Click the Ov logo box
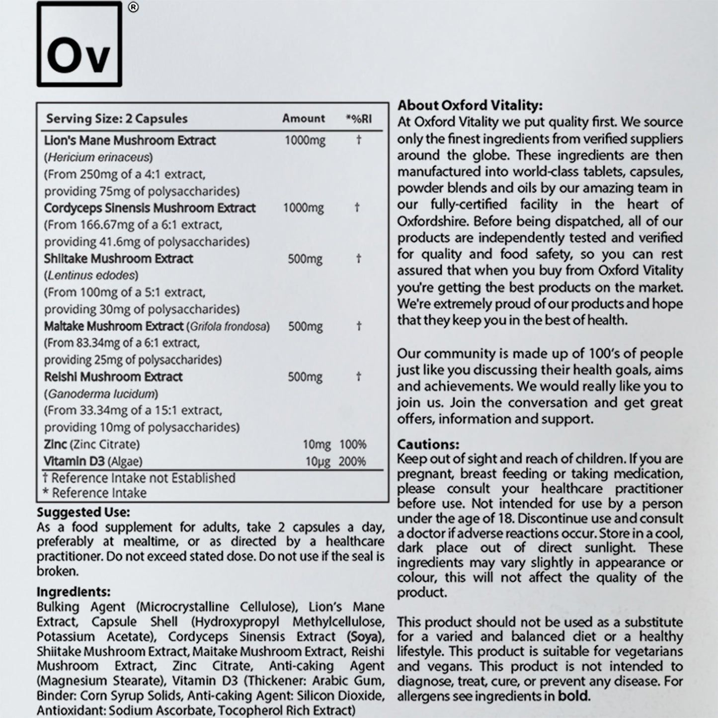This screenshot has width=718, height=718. pyautogui.click(x=80, y=44)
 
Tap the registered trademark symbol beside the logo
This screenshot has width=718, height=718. pyautogui.click(x=133, y=7)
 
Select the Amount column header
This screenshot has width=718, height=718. pyautogui.click(x=303, y=118)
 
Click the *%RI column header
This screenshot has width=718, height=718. pyautogui.click(x=358, y=119)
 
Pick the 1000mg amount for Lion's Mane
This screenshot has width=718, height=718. pyautogui.click(x=305, y=141)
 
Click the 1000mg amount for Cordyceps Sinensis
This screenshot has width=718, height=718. pyautogui.click(x=303, y=208)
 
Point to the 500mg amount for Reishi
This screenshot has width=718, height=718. pyautogui.click(x=305, y=377)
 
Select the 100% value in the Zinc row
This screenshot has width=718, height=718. pyautogui.click(x=352, y=445)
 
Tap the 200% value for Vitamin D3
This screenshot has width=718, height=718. pyautogui.click(x=352, y=462)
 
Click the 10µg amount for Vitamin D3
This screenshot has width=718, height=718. pyautogui.click(x=318, y=462)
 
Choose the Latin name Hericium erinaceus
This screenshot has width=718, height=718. pyautogui.click(x=98, y=158)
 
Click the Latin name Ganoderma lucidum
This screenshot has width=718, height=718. pyautogui.click(x=101, y=394)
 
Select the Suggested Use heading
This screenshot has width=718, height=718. pyautogui.click(x=83, y=512)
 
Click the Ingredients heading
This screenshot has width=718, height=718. pyautogui.click(x=74, y=592)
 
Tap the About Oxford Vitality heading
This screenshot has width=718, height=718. pyautogui.click(x=470, y=105)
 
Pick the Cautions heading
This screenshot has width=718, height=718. pyautogui.click(x=428, y=444)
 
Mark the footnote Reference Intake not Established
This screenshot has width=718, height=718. pyautogui.click(x=139, y=478)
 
